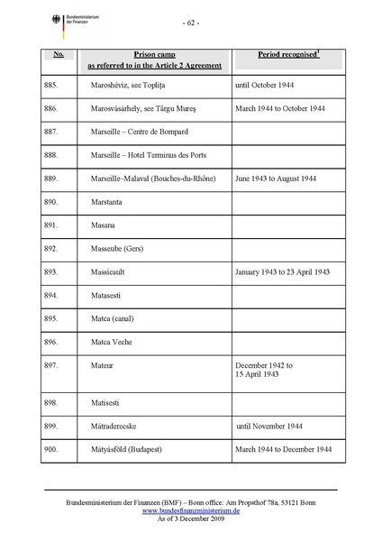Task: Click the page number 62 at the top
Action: point(191,21)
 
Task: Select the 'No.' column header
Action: point(58,55)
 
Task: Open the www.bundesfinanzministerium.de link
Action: point(190,509)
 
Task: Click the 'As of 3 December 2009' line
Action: point(190,518)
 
